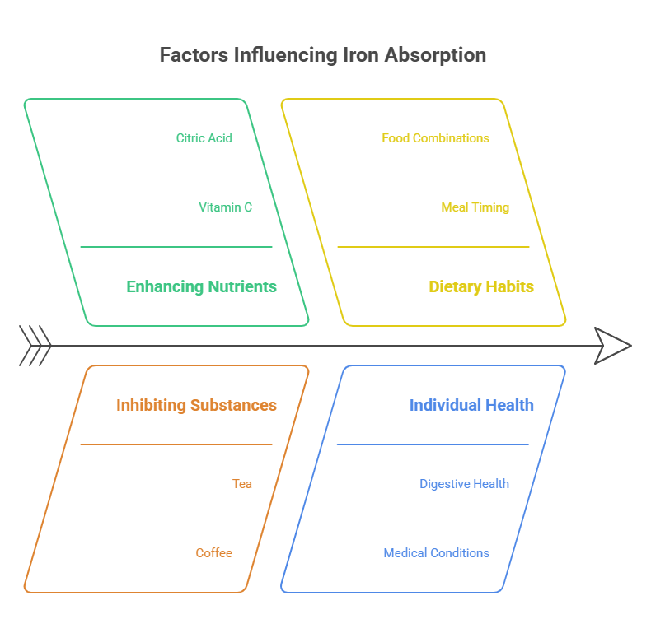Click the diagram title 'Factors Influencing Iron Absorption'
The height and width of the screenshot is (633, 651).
pyautogui.click(x=322, y=55)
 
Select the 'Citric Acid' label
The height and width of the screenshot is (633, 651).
pyautogui.click(x=204, y=138)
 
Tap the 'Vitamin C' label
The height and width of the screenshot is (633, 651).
pyautogui.click(x=226, y=207)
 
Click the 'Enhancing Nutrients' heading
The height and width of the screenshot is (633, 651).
pyautogui.click(x=201, y=286)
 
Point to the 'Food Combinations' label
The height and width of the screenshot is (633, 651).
pyautogui.click(x=435, y=138)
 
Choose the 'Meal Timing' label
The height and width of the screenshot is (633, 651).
pyautogui.click(x=475, y=207)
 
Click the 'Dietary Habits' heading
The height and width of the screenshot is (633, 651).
pyautogui.click(x=481, y=286)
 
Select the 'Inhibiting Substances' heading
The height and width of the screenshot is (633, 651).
pyautogui.click(x=196, y=405)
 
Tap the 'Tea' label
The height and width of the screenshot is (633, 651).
pyautogui.click(x=242, y=484)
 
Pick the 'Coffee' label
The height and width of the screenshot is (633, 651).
pyautogui.click(x=214, y=553)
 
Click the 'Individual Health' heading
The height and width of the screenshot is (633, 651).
pyautogui.click(x=471, y=405)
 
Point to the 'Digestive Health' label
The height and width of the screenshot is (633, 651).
pyautogui.click(x=464, y=484)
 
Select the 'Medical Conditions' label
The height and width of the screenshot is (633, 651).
pyautogui.click(x=436, y=553)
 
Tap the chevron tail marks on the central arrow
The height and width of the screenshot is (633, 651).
pyautogui.click(x=35, y=346)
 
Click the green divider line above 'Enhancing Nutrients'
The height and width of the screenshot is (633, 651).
pyautogui.click(x=176, y=247)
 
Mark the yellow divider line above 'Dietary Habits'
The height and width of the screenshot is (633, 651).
pyautogui.click(x=433, y=247)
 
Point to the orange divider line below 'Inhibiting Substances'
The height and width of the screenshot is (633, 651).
pyautogui.click(x=176, y=444)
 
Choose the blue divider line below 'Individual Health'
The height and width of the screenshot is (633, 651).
pyautogui.click(x=433, y=444)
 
